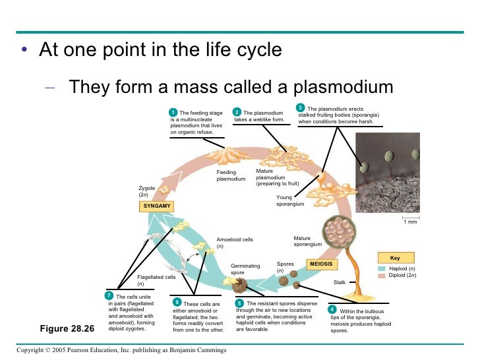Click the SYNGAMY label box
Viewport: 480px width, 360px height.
[157, 206]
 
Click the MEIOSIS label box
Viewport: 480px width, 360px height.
[322, 264]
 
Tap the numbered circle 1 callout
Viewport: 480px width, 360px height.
[173, 112]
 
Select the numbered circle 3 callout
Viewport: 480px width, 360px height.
[300, 107]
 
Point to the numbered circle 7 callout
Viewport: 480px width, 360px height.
[109, 295]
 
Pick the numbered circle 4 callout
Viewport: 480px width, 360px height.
[332, 309]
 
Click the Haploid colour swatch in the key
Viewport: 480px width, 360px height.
[382, 269]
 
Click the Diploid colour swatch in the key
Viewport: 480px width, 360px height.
[382, 276]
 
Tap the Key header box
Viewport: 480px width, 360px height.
[395, 258]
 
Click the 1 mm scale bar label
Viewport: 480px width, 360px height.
[409, 222]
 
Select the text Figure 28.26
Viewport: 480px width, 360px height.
[69, 328]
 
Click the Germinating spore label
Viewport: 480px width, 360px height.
[245, 269]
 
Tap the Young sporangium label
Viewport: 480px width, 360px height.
[290, 200]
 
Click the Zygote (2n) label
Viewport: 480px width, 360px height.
[146, 191]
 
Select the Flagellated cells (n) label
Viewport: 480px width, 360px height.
[156, 280]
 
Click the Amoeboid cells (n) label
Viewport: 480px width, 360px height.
[235, 243]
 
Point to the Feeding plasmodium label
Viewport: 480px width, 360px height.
[231, 175]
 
